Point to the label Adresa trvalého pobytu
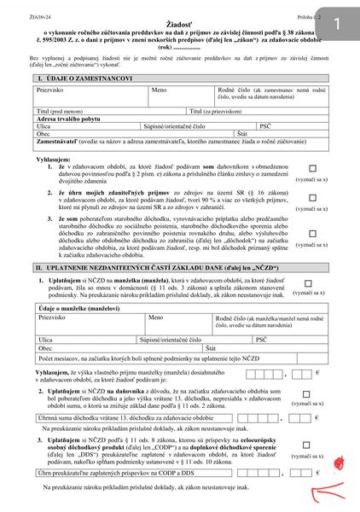(69, 119)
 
